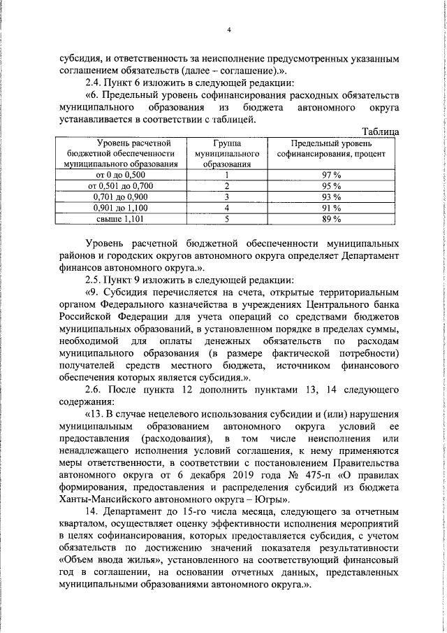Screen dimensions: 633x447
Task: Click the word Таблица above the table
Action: [x=381, y=131]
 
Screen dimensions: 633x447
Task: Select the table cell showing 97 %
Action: [x=331, y=174]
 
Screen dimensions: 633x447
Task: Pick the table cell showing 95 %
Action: [x=331, y=185]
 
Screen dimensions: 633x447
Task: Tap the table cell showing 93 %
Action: [x=331, y=197]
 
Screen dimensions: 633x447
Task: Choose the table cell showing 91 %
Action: [x=331, y=208]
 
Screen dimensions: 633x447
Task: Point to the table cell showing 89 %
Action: [x=331, y=219]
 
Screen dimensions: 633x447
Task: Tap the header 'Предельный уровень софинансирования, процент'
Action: [x=331, y=148]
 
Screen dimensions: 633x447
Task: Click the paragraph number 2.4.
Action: [x=93, y=83]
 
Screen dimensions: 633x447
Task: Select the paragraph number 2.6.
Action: [x=94, y=389]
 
